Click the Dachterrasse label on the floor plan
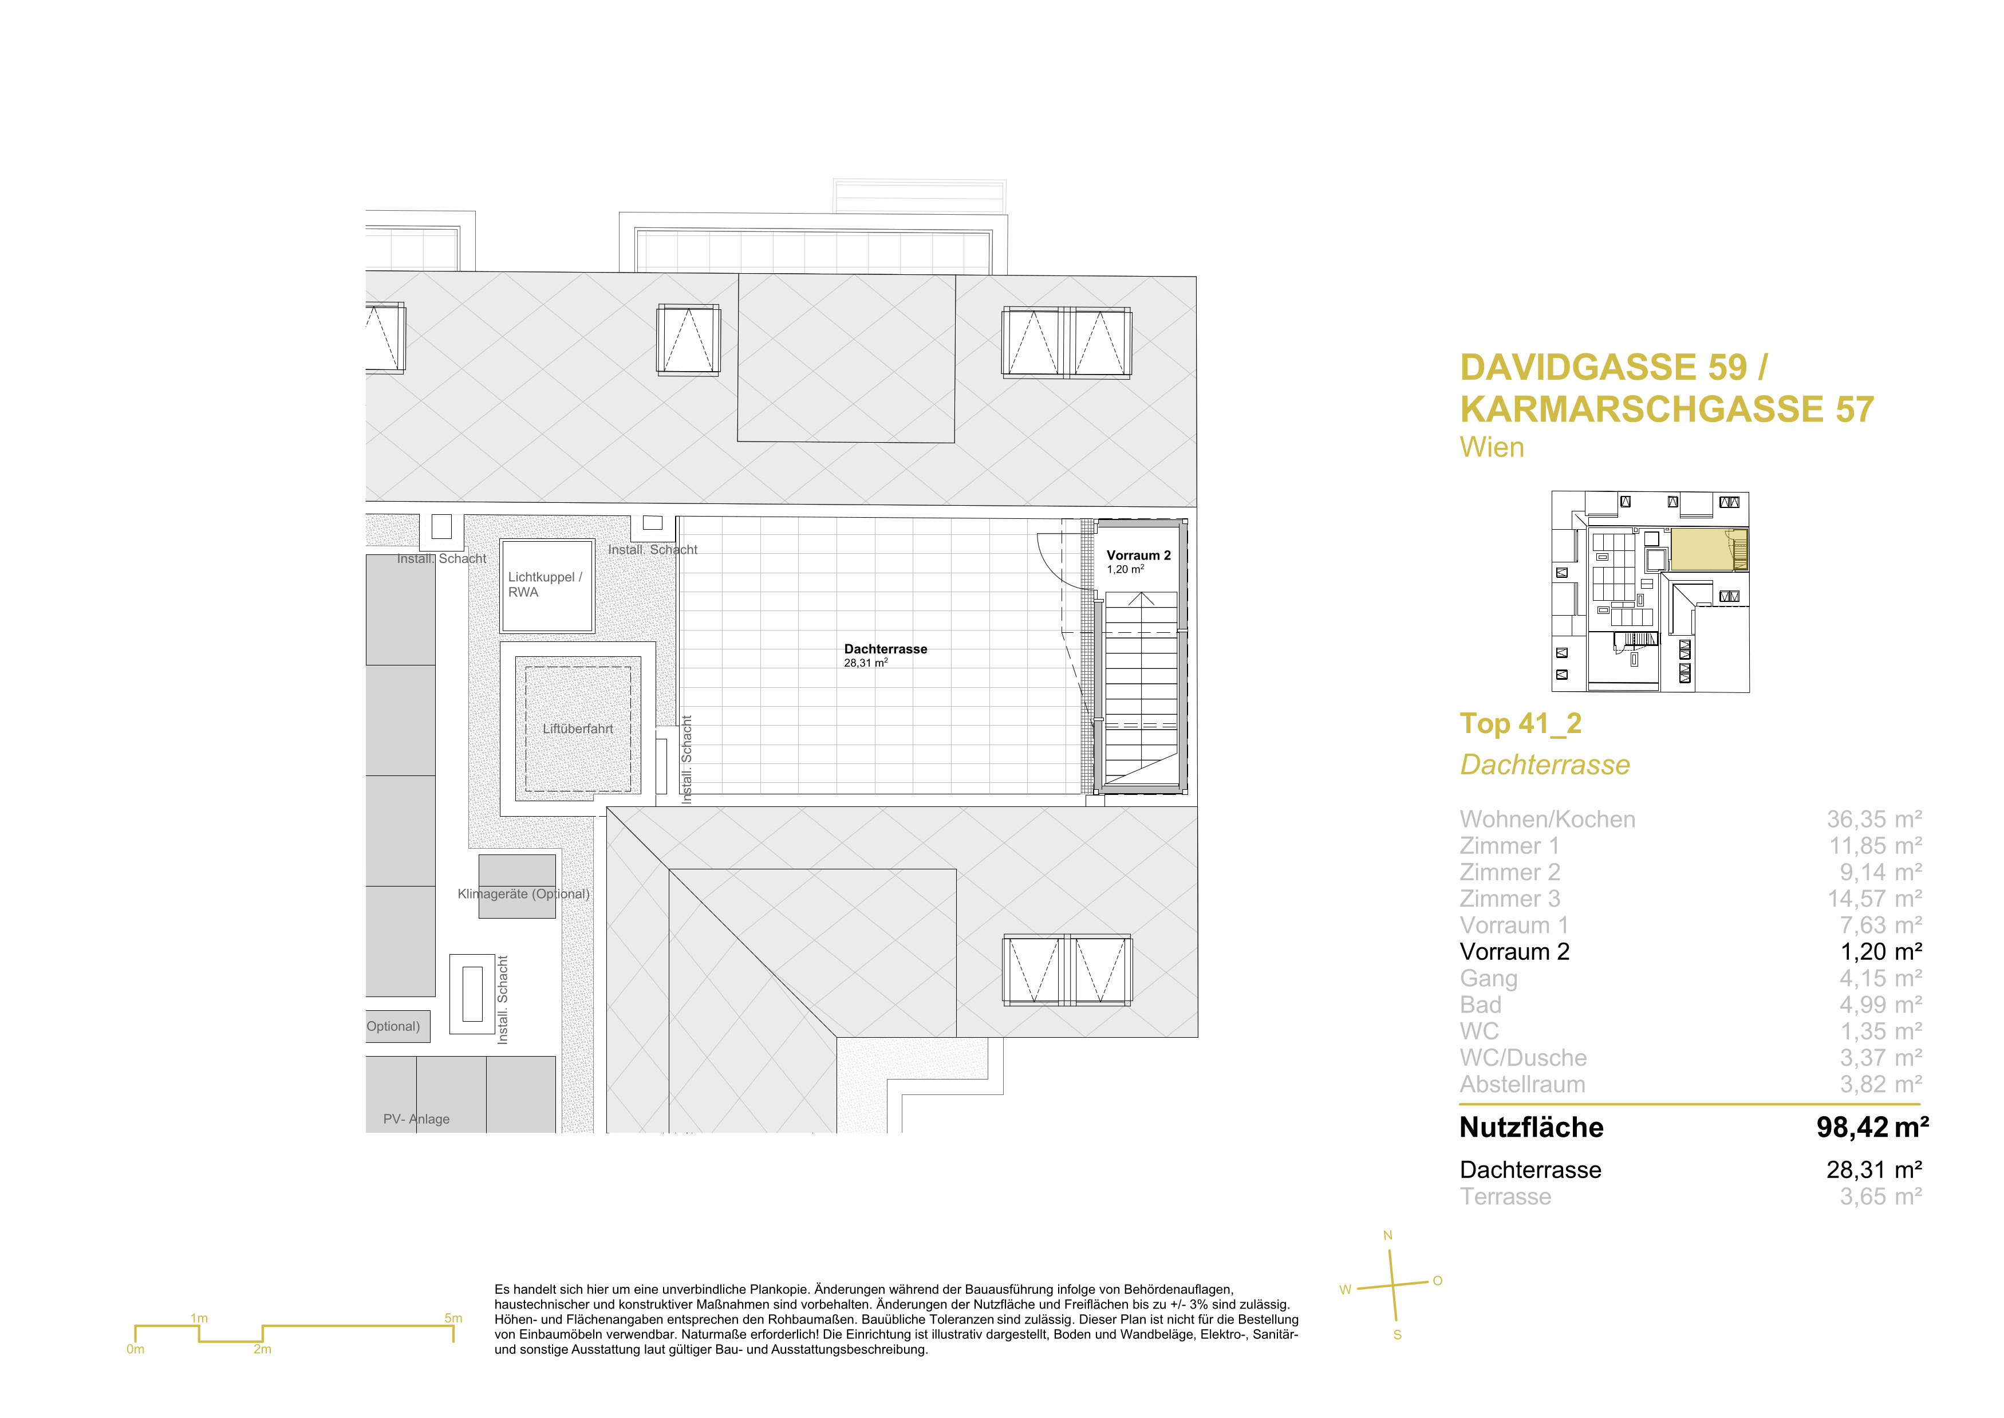[x=885, y=649]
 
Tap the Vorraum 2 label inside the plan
[x=1138, y=556]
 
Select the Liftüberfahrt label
[x=578, y=728]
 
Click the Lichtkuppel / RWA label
[x=545, y=584]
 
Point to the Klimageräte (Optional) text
[x=524, y=893]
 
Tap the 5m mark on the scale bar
[x=453, y=1318]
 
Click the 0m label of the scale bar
[x=135, y=1349]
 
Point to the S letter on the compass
[x=1398, y=1335]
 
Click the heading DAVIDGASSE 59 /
[x=1614, y=368]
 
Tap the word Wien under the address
[x=1492, y=447]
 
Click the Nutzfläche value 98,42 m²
[x=1872, y=1127]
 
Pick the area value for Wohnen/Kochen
[x=1874, y=819]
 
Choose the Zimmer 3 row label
[x=1510, y=899]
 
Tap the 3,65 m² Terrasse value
[x=1881, y=1196]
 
